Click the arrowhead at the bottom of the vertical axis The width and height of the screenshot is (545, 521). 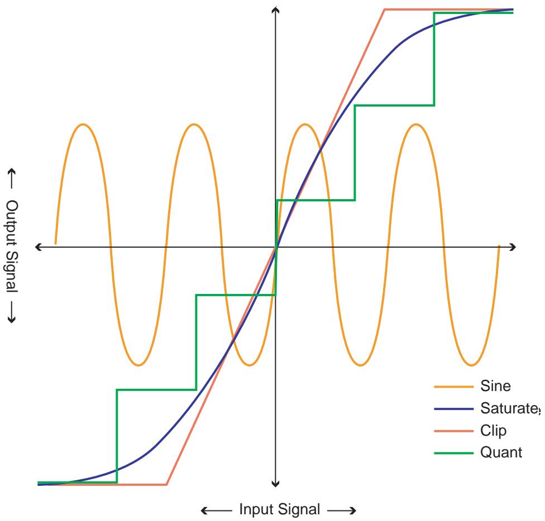pyautogui.click(x=275, y=483)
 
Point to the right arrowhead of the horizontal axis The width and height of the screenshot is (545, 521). pyautogui.click(x=513, y=247)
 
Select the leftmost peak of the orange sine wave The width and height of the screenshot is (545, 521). pyautogui.click(x=83, y=124)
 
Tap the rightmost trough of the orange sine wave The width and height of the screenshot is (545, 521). pyautogui.click(x=471, y=365)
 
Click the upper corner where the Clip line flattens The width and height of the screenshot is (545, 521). pyautogui.click(x=384, y=9)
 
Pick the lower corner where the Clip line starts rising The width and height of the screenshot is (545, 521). pyautogui.click(x=167, y=484)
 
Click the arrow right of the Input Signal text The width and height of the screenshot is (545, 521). pyautogui.click(x=340, y=510)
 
